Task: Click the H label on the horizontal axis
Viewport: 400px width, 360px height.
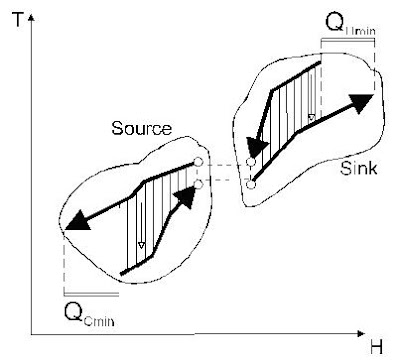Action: tap(375, 347)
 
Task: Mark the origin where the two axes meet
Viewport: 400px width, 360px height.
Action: tap(32, 331)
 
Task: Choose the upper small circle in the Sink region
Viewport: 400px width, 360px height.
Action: tap(251, 162)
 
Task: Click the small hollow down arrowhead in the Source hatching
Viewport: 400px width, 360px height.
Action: tap(141, 245)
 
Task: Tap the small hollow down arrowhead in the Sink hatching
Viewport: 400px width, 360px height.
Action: tap(311, 120)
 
